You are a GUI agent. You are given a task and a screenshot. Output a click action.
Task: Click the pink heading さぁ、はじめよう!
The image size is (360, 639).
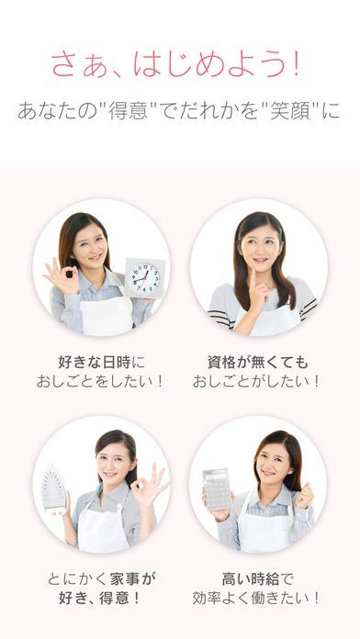(176, 64)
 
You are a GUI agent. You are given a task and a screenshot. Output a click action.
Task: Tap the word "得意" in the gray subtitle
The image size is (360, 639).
(128, 111)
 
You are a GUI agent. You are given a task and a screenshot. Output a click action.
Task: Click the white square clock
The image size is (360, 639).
(144, 278)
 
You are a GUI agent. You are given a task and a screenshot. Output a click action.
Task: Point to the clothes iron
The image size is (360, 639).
(54, 488)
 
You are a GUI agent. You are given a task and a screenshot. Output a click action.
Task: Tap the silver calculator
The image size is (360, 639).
(217, 489)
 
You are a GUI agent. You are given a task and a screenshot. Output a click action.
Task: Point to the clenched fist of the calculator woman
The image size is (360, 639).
(305, 495)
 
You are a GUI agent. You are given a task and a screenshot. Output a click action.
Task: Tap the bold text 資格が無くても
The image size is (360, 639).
(258, 362)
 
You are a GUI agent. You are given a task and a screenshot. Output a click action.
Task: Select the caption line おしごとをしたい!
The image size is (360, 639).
(100, 382)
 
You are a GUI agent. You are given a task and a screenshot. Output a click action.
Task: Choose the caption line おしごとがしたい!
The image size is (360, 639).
(256, 382)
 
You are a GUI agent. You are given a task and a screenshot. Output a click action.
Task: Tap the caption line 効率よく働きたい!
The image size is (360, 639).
(256, 598)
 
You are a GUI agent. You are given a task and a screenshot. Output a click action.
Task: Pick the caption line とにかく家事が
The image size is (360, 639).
(102, 578)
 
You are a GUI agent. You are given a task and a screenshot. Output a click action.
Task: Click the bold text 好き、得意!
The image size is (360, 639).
(100, 598)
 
